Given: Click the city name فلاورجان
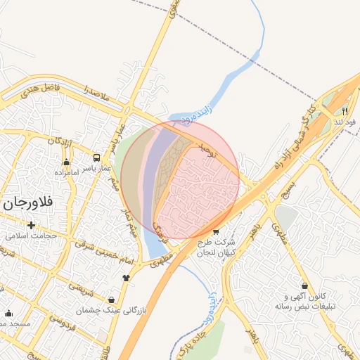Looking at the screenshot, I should coord(28,204).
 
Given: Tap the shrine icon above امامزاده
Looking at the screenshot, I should coord(66,162).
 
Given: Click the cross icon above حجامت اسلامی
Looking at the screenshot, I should coord(31,225).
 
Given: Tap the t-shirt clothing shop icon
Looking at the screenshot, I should coord(126,277).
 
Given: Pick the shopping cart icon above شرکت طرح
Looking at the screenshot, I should coord(215,232).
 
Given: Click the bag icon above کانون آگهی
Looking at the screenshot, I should coord(304,286).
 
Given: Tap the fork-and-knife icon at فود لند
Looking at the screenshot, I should coord(345,111).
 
